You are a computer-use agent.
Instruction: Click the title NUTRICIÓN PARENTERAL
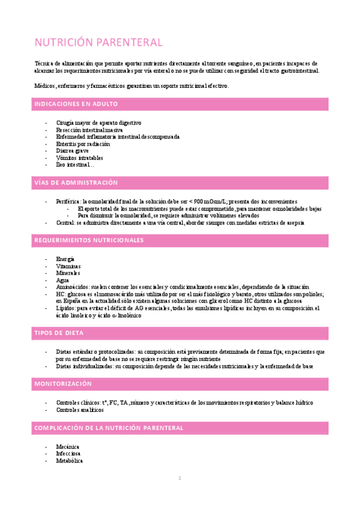click(x=98, y=43)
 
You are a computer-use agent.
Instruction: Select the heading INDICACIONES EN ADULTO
click(x=75, y=104)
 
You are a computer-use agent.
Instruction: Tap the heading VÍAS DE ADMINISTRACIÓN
click(x=76, y=183)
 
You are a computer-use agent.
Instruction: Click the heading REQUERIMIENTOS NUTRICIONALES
click(x=89, y=241)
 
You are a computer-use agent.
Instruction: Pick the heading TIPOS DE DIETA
click(x=59, y=333)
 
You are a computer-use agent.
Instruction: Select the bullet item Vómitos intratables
click(x=79, y=158)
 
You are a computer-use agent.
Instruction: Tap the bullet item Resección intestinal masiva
click(x=89, y=129)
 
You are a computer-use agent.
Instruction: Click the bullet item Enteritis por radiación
click(x=83, y=144)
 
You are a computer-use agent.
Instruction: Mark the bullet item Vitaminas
click(x=69, y=266)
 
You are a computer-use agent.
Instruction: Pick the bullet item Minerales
click(x=68, y=273)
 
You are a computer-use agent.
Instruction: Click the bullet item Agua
click(x=63, y=280)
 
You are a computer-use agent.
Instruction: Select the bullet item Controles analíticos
click(x=79, y=410)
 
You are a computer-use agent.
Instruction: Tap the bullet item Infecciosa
click(x=68, y=453)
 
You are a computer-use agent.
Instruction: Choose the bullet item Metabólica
click(x=69, y=461)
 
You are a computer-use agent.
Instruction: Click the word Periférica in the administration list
click(x=69, y=201)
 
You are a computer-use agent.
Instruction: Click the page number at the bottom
click(x=179, y=478)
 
